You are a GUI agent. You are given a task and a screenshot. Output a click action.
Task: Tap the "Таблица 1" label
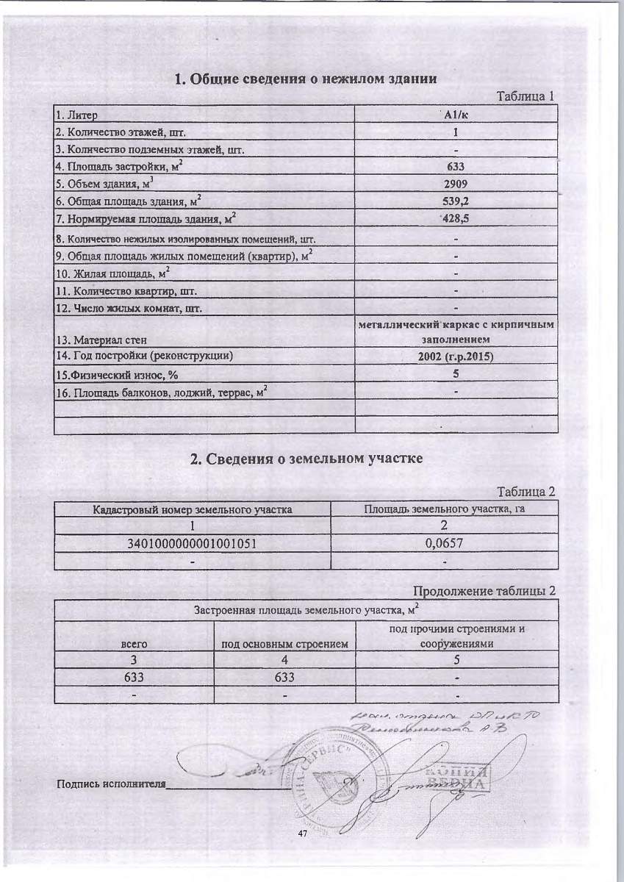click(525, 96)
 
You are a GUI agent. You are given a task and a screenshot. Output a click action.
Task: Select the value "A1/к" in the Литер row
click(456, 115)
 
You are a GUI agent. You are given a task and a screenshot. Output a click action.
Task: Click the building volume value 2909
click(456, 184)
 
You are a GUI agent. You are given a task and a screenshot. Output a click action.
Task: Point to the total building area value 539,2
click(456, 201)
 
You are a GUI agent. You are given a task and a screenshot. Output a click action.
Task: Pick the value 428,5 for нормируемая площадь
click(456, 218)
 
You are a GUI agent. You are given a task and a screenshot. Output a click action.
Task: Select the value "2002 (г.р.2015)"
click(456, 356)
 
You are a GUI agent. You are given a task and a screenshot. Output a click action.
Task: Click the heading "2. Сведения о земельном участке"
click(306, 460)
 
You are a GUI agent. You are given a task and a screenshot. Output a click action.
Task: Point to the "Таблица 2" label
click(525, 492)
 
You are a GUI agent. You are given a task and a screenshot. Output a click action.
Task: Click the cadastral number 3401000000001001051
click(192, 545)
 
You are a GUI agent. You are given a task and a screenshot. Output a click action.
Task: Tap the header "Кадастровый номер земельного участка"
click(192, 509)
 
